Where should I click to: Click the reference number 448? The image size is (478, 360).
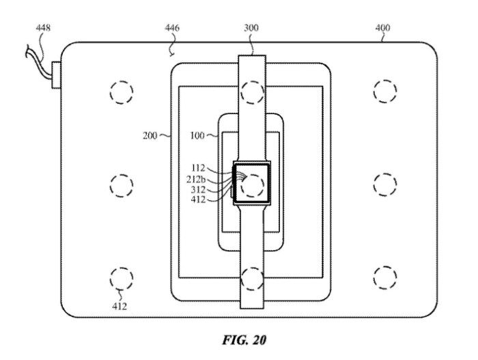[43, 28]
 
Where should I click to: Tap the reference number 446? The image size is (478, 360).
[172, 28]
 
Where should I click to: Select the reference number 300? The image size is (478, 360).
[251, 28]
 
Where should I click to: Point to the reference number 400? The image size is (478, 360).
[382, 28]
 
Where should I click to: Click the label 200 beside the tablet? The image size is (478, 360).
[150, 135]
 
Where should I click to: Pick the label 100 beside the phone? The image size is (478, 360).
[197, 135]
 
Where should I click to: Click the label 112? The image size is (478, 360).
[198, 168]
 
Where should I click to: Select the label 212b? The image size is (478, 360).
[196, 180]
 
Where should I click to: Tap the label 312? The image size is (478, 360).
[198, 190]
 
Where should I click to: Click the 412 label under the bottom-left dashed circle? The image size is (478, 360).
[119, 306]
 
